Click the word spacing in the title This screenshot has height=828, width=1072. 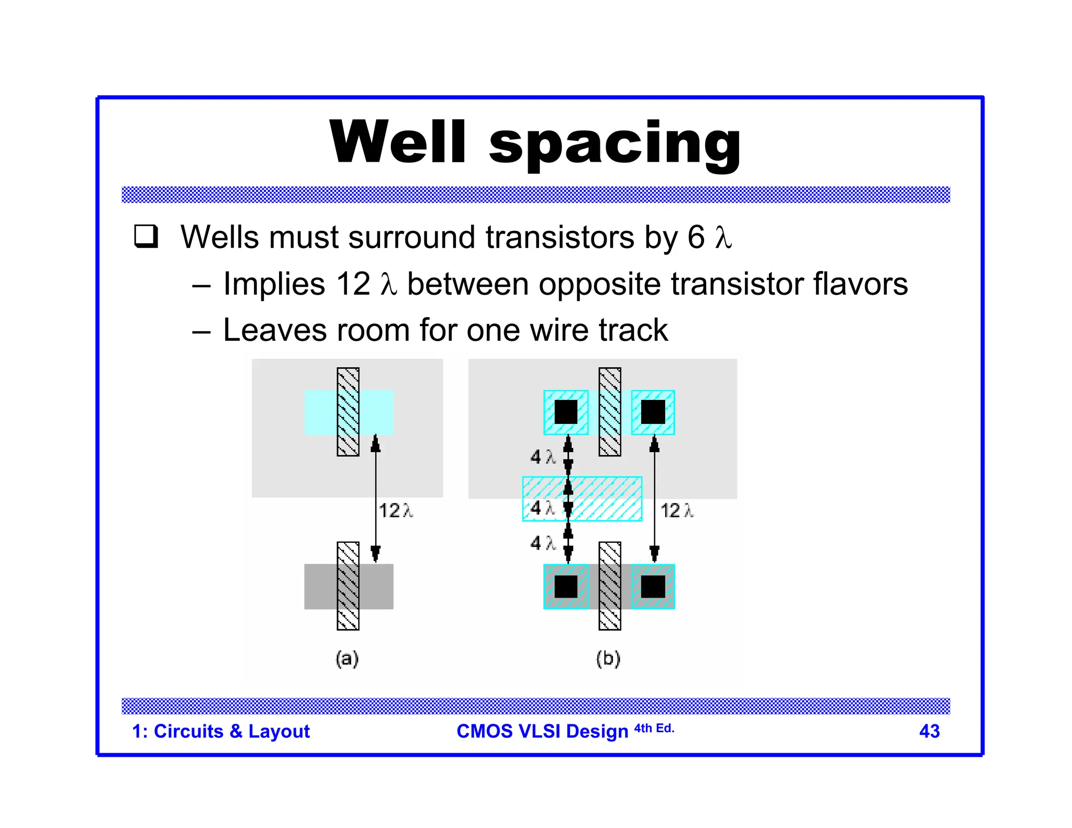615,144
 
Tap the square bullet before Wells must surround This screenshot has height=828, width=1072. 146,236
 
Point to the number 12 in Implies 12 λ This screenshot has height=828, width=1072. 353,284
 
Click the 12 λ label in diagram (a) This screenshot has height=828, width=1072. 395,510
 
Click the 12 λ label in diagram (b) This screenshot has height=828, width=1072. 677,510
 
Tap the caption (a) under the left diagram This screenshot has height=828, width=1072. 347,658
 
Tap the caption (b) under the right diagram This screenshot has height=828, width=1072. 608,658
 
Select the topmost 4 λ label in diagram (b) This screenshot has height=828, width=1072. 542,457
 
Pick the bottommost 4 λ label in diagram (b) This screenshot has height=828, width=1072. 542,543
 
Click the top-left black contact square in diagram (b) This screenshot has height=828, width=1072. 566,412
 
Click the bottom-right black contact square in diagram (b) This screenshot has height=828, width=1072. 653,586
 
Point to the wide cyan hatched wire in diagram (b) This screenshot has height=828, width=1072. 602,498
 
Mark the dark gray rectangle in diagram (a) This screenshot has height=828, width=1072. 319,586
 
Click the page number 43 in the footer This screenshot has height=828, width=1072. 929,731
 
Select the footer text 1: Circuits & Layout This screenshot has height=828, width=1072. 221,731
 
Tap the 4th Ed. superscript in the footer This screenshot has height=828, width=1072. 654,728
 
